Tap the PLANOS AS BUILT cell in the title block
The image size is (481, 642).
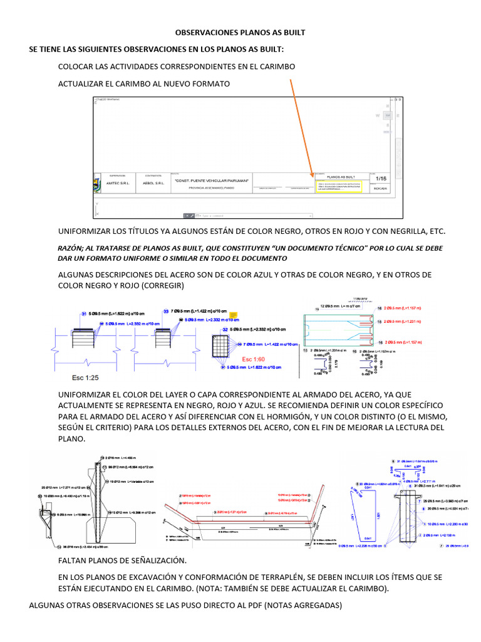point(341,177)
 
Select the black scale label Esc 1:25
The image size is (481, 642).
point(85,378)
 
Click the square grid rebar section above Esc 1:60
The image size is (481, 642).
point(222,345)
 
